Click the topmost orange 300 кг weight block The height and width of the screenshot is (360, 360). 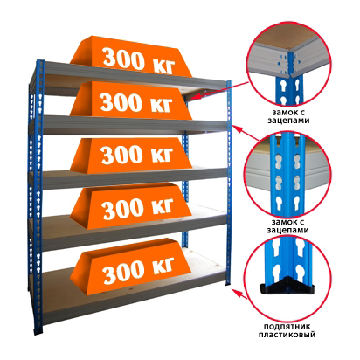131,56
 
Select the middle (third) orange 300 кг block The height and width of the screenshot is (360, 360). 131,155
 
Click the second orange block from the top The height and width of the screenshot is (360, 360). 131,100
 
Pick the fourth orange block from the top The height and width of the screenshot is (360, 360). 131,205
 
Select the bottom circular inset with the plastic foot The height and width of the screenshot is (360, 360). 289,278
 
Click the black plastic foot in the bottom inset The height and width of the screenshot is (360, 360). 287,287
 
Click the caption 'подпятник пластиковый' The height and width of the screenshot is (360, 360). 287,330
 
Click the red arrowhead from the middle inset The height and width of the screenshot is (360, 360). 238,129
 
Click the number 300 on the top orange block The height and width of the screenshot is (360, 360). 124,59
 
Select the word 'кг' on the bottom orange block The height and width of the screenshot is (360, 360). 162,267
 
